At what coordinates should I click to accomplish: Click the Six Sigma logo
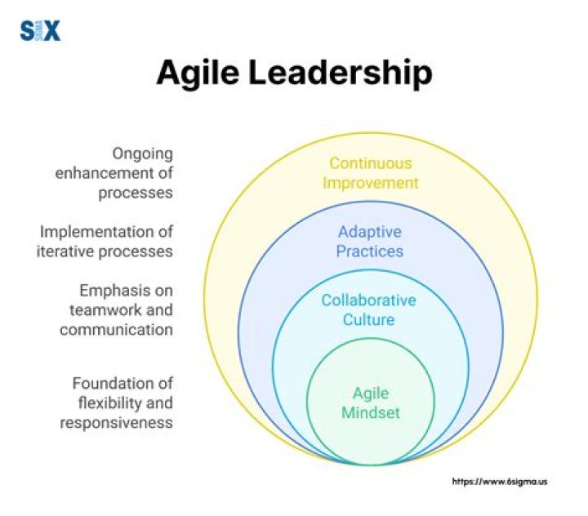pyautogui.click(x=40, y=31)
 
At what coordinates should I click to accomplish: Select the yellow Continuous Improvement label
pyautogui.click(x=370, y=173)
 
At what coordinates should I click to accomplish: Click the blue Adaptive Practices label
pyautogui.click(x=370, y=241)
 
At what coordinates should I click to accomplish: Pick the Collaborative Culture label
pyautogui.click(x=368, y=309)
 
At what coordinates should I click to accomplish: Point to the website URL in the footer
pyautogui.click(x=500, y=482)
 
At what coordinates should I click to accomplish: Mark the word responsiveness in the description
pyautogui.click(x=116, y=422)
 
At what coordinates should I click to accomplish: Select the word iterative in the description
pyautogui.click(x=65, y=251)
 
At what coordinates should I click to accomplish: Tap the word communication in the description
pyautogui.click(x=116, y=330)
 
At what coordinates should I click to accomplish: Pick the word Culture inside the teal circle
pyautogui.click(x=368, y=319)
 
